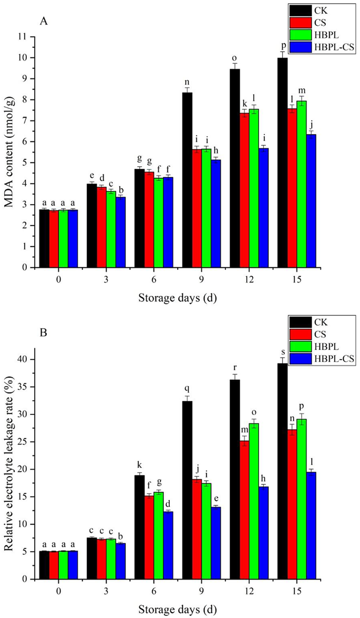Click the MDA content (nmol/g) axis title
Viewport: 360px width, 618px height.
[8, 151]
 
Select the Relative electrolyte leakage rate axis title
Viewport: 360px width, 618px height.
[8, 463]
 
